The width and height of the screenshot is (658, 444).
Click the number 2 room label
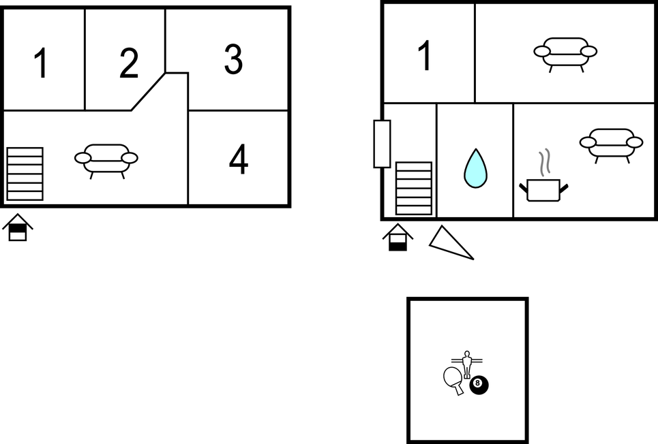pyautogui.click(x=129, y=63)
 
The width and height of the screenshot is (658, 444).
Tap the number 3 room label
pyautogui.click(x=233, y=59)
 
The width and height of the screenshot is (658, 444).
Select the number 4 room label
pyautogui.click(x=239, y=159)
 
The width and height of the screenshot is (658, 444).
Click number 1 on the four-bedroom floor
pyautogui.click(x=41, y=63)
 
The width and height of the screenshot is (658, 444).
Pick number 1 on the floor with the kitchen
pyautogui.click(x=425, y=55)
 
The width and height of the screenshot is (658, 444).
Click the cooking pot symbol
pyautogui.click(x=543, y=191)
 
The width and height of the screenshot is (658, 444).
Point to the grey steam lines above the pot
pyautogui.click(x=544, y=162)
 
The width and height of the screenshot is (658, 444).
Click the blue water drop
pyautogui.click(x=475, y=169)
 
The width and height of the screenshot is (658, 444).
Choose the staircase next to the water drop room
pyautogui.click(x=414, y=188)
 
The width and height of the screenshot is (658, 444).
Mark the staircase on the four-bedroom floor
pyautogui.click(x=25, y=174)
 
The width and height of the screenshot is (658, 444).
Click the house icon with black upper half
pyautogui.click(x=18, y=227)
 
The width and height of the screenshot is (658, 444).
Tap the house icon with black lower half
pyautogui.click(x=398, y=237)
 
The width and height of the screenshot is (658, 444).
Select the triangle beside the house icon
pyautogui.click(x=449, y=244)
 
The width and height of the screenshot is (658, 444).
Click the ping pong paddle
pyautogui.click(x=453, y=380)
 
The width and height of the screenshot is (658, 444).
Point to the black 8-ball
pyautogui.click(x=479, y=385)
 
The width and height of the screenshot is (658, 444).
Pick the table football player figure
pyautogui.click(x=466, y=364)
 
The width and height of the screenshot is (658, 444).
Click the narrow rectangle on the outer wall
pyautogui.click(x=383, y=144)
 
